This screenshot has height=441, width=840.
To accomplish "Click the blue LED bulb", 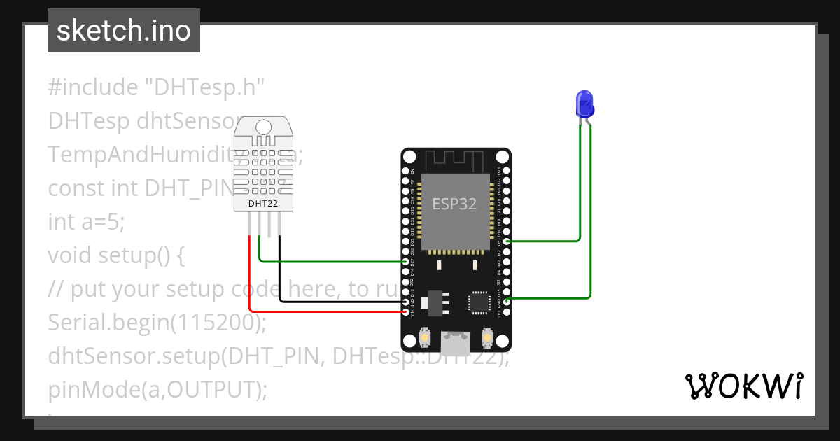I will (x=584, y=104).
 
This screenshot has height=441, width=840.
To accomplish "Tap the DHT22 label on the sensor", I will (x=263, y=204).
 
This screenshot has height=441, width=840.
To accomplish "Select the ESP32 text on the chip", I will (x=454, y=204).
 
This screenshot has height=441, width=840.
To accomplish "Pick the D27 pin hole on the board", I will (x=406, y=262).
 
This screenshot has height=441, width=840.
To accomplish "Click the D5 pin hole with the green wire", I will (x=506, y=241).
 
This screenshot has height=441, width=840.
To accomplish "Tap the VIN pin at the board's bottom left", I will (x=406, y=312).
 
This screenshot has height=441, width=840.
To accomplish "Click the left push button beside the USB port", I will (x=424, y=339).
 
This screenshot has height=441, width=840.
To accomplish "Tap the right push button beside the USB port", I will (x=487, y=339).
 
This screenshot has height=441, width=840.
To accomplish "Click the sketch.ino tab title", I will (x=124, y=31).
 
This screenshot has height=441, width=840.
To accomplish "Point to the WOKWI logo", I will (x=743, y=386).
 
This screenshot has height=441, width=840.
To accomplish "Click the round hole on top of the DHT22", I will (x=263, y=127).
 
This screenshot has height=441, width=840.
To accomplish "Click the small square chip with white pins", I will (x=479, y=302).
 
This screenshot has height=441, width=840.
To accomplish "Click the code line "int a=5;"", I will (x=86, y=222).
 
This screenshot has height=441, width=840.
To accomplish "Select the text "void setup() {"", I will (x=115, y=255).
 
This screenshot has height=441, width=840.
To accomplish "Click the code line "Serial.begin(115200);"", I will (x=157, y=323).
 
